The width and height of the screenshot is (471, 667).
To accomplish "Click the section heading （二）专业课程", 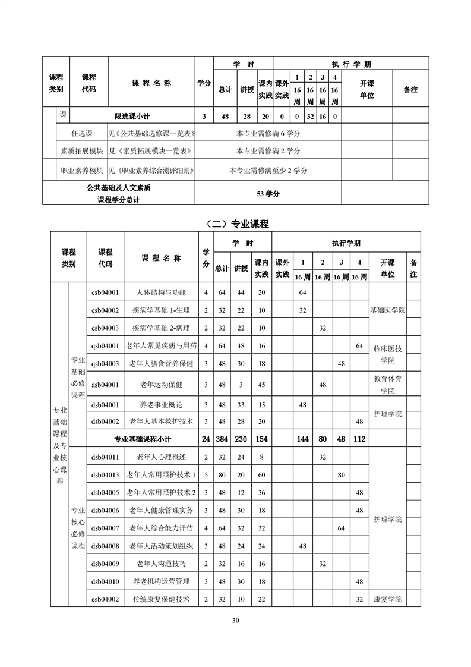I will point(235,224).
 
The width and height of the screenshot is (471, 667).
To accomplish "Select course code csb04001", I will point(105,292).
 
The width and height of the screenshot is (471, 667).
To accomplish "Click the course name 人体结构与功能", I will point(161,292).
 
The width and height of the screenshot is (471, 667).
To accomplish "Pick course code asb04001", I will point(105,385).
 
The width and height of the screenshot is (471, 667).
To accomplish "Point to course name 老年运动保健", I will point(161,385).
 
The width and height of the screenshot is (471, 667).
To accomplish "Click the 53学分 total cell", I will point(268,194).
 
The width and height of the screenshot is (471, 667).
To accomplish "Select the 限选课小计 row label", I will point(134,117).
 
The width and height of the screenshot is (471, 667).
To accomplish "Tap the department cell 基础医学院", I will point(387,310).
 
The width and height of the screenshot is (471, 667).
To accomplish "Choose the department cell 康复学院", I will point(387,599).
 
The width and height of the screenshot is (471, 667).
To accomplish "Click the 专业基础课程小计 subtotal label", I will point(143,439).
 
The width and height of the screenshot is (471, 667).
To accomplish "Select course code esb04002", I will point(105,599).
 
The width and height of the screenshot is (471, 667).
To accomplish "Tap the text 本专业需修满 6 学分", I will point(268,133).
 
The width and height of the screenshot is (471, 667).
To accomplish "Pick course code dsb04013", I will point(105,475).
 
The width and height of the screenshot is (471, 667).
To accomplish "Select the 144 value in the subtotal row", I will point(302,439).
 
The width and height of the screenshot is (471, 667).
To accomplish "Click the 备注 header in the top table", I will point(410,90).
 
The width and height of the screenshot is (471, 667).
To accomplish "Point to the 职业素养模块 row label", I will point(82,171).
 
